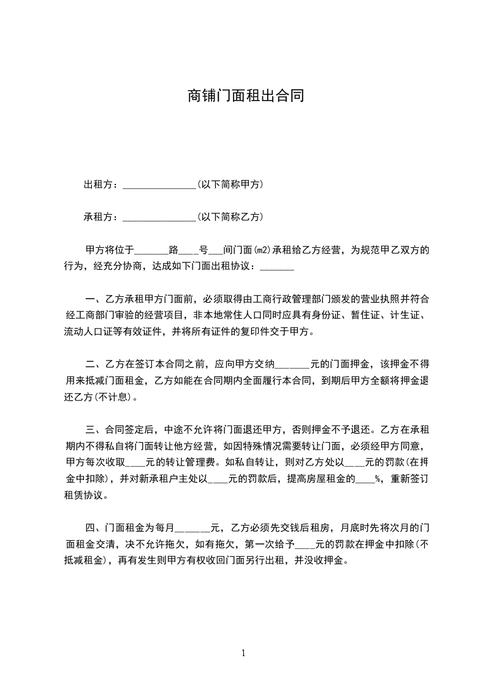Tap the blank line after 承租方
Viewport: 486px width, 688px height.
click(159, 217)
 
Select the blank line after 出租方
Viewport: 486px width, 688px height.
click(159, 184)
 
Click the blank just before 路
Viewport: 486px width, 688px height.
click(150, 250)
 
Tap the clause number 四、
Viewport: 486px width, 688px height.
click(94, 527)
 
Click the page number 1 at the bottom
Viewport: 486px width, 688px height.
click(243, 653)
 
